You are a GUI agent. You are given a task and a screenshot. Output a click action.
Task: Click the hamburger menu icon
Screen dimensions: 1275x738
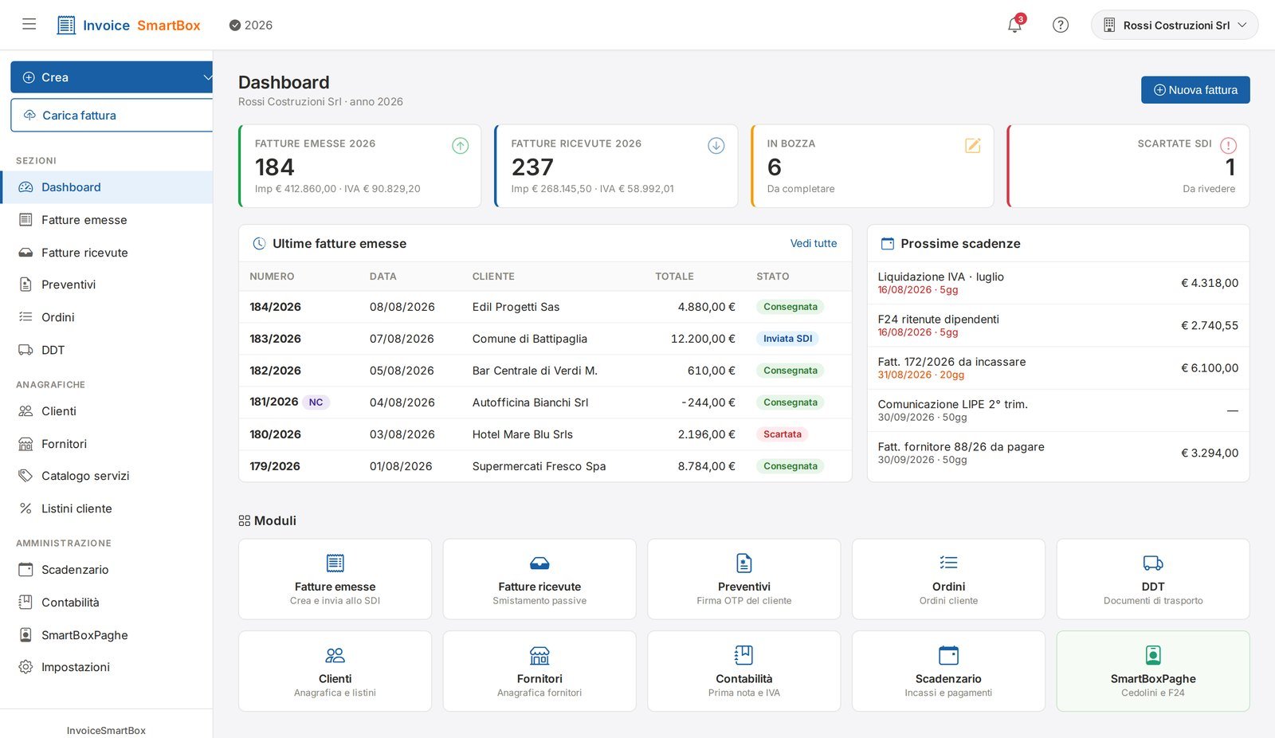[29, 25]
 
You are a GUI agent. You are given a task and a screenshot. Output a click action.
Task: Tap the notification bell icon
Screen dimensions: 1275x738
[1014, 25]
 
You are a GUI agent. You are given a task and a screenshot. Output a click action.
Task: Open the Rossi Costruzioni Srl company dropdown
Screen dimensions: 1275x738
[1175, 25]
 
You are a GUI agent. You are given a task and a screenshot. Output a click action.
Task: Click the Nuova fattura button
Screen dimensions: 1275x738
[1195, 90]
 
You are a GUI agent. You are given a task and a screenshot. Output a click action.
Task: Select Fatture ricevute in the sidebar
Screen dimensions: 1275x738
[84, 253]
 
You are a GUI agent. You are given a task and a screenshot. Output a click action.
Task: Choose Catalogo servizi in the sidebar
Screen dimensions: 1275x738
[84, 476]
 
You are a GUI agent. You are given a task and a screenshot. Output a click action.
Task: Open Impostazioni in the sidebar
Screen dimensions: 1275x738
[75, 667]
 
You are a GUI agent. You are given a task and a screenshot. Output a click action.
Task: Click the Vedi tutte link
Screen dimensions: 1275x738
[814, 243]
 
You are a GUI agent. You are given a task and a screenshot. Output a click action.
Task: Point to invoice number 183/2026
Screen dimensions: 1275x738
[275, 339]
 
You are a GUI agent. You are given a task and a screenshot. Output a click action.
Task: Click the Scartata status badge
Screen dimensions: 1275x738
[782, 434]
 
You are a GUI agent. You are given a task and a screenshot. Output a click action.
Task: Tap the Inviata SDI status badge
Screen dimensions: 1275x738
[787, 338]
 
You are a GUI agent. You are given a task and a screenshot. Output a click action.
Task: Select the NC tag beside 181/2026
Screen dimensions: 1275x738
[316, 402]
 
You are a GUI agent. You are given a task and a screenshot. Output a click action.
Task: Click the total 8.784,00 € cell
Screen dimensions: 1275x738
[706, 465]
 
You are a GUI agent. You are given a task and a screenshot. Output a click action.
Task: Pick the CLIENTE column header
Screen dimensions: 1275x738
[493, 277]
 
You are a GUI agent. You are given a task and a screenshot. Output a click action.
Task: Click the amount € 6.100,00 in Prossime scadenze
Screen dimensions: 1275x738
[1210, 368]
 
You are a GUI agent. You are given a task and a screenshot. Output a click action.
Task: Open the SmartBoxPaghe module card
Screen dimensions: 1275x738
[1152, 671]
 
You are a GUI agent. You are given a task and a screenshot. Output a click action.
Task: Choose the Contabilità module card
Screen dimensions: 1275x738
[744, 671]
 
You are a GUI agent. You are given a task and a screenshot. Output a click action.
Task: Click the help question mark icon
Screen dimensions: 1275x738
[1060, 25]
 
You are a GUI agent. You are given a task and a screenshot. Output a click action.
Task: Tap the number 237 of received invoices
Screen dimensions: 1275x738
[532, 167]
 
